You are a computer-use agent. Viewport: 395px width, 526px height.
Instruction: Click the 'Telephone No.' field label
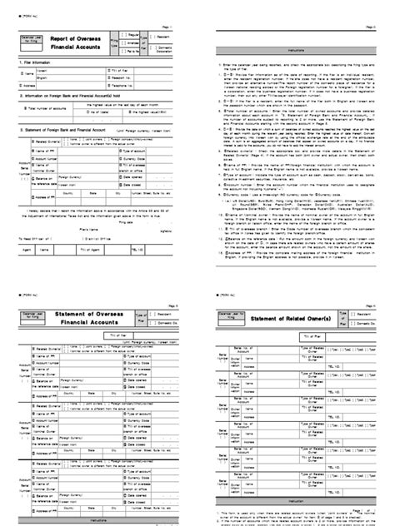(122, 85)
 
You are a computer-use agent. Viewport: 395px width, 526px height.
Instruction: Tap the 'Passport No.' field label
(122, 77)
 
